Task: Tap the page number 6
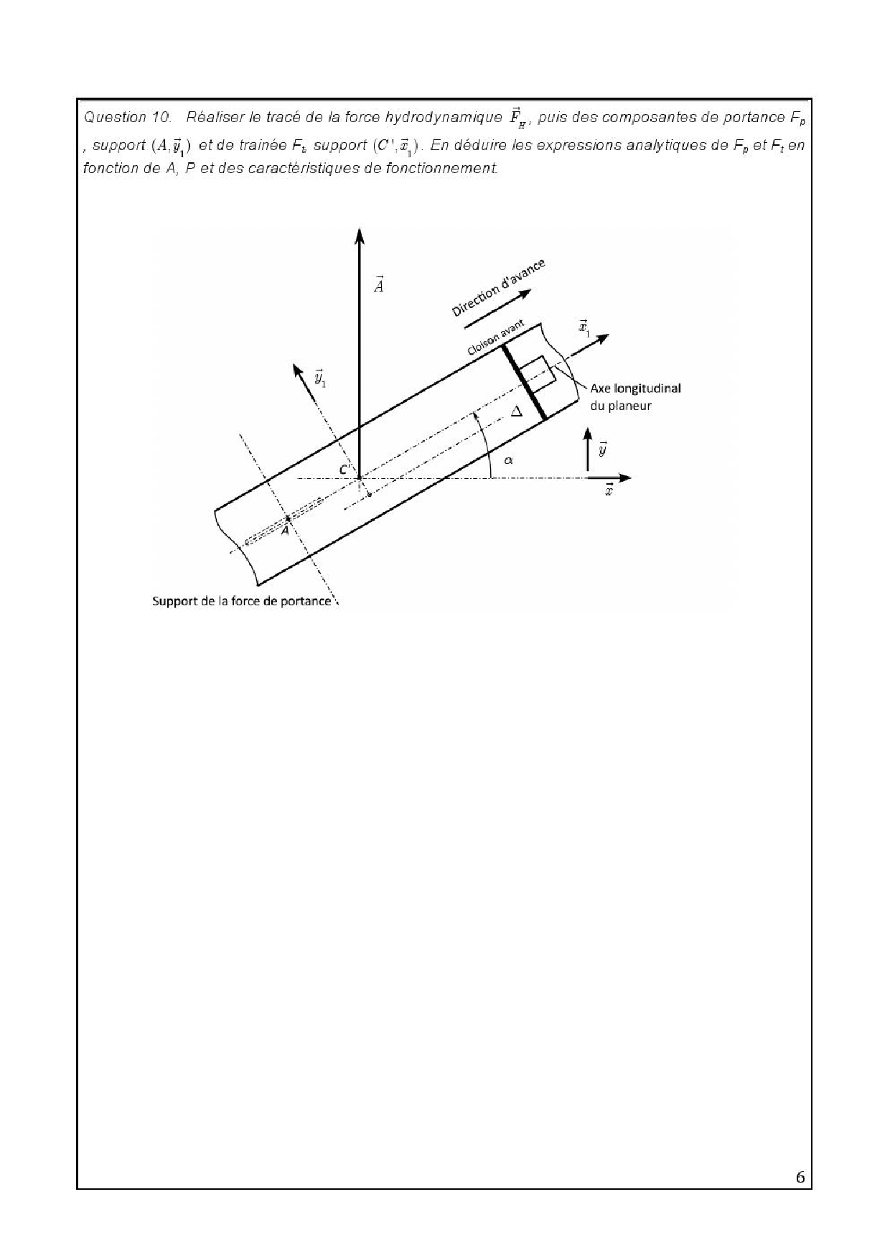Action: (800, 1178)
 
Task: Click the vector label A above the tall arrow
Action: (379, 284)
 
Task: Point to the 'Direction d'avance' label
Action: (498, 288)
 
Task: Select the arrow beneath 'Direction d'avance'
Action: (498, 309)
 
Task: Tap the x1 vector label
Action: (584, 329)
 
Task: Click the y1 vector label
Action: (320, 378)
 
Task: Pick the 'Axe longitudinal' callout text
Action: (635, 388)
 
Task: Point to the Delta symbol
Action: (515, 412)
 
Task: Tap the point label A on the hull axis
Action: (285, 530)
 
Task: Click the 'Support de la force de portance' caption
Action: (242, 601)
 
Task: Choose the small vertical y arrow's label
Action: (603, 449)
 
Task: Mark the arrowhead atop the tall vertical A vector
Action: (360, 237)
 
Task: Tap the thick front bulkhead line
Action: (524, 382)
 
